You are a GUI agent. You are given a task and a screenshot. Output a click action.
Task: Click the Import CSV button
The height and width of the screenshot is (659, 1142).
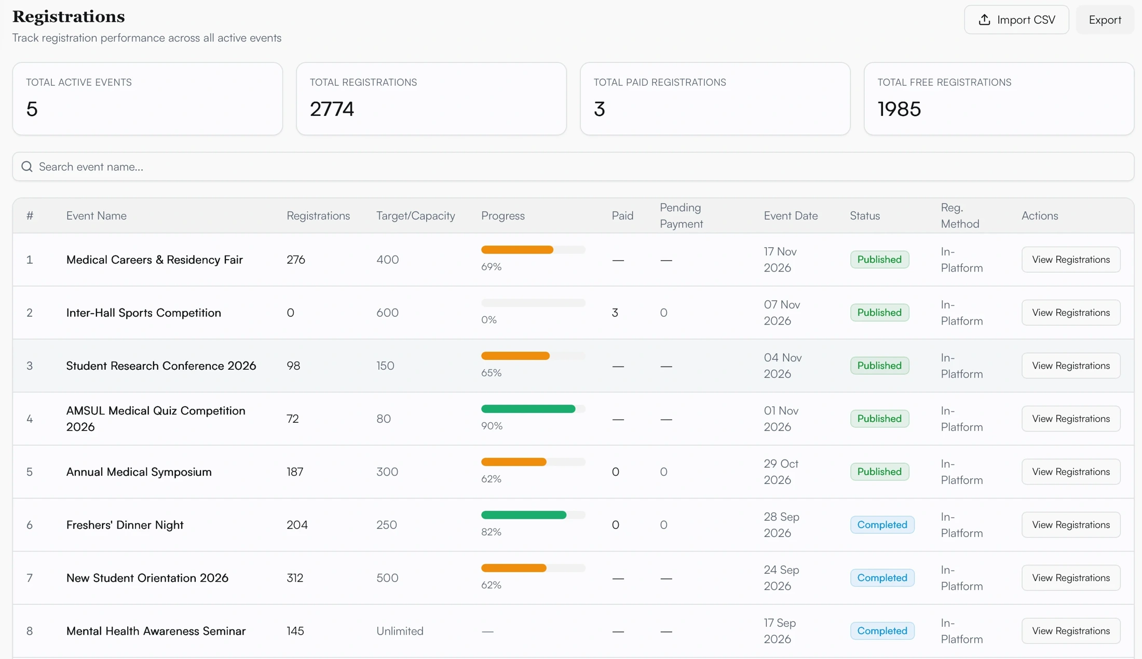[x=1016, y=20]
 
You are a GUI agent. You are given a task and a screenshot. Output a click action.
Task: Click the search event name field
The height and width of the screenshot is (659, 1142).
[x=573, y=167]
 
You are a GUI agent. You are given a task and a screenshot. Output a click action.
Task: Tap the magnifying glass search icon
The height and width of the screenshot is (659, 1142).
[x=27, y=167]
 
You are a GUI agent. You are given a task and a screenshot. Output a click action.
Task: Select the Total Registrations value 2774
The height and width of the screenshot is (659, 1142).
[x=332, y=109]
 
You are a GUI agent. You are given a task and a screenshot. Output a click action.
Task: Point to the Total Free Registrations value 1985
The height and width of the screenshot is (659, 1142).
[x=899, y=109]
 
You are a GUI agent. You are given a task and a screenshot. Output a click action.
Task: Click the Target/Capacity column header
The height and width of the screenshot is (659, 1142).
[x=415, y=216]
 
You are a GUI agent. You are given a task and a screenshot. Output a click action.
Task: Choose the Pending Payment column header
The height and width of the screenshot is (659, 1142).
[x=681, y=216]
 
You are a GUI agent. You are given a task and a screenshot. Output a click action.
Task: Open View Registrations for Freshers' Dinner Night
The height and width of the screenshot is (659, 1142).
[x=1071, y=524]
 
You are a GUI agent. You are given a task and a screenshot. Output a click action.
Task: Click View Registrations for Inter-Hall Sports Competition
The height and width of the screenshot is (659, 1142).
[x=1071, y=313]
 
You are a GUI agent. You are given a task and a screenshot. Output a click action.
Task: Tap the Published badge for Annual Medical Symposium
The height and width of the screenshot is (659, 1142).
[x=879, y=472]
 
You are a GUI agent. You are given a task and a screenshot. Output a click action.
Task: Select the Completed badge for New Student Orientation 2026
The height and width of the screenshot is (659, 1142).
[x=882, y=577]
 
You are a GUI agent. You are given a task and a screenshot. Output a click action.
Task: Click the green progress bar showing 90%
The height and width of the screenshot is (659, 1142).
[x=528, y=409]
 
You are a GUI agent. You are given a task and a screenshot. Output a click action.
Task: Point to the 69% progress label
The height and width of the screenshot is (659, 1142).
[x=491, y=267]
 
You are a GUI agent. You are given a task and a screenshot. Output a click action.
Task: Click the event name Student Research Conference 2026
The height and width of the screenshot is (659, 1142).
[x=161, y=366]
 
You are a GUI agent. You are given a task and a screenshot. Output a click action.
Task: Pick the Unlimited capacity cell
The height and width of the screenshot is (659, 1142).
[x=400, y=631]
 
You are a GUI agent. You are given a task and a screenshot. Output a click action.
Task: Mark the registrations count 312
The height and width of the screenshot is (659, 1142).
[x=295, y=578]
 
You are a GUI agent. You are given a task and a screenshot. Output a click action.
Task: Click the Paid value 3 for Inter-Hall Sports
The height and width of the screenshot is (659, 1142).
[x=615, y=313]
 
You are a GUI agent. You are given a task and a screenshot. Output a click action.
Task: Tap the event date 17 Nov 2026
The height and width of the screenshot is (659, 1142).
[x=780, y=260]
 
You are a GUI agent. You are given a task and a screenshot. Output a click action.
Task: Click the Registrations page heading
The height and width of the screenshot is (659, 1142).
[x=69, y=17]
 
